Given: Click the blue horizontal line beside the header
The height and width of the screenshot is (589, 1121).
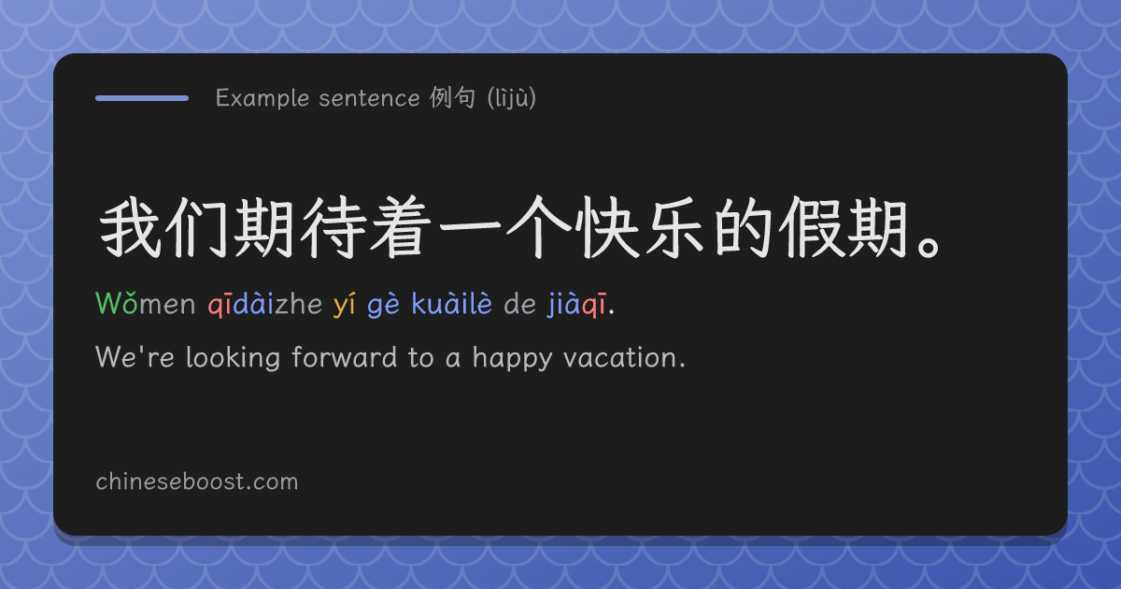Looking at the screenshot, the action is point(142,98).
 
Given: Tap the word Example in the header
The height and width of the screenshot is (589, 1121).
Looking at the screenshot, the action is point(263,98).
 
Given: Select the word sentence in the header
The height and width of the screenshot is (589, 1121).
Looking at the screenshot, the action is point(369,98).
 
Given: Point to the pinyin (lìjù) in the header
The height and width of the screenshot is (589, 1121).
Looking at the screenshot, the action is point(512,98).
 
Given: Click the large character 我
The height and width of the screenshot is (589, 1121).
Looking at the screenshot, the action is point(131,227).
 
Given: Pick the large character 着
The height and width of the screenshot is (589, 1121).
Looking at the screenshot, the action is point(401,227).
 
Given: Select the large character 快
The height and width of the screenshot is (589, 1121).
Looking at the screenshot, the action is point(606,227).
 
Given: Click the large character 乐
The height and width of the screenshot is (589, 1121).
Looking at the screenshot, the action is point(675,227).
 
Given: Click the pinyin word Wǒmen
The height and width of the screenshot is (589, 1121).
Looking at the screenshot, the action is point(145,303).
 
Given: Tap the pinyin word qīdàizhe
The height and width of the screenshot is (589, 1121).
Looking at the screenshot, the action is point(265,304).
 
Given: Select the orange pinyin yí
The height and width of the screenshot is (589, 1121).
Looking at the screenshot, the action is point(345,305).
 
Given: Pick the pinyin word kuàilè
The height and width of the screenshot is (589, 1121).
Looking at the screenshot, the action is point(452,303).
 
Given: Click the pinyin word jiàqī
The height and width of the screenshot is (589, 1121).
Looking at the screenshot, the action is point(577,305).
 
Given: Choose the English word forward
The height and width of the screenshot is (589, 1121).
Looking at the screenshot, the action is point(345,357).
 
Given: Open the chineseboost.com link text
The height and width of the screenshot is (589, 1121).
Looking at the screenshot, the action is point(197,481).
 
